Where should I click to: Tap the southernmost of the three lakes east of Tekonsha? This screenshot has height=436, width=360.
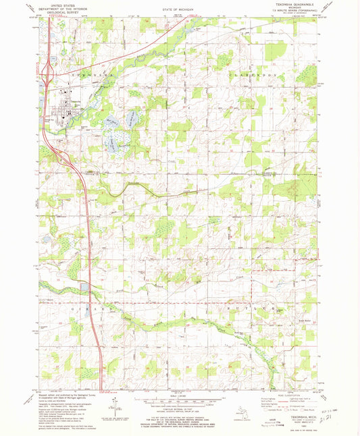click(x=109, y=142)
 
